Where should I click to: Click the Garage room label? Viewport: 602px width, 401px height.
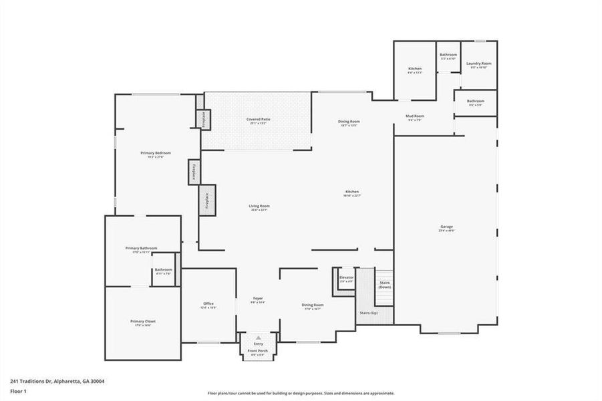point(446,227)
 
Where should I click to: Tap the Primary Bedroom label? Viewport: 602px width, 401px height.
point(152,153)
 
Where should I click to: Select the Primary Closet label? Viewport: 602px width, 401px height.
point(142,321)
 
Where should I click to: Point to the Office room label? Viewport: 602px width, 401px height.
point(208,304)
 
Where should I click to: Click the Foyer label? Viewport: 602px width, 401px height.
point(258,298)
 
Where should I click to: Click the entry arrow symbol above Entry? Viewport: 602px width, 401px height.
point(258,338)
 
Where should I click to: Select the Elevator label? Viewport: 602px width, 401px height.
point(346,277)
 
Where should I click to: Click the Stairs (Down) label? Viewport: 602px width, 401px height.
point(385,284)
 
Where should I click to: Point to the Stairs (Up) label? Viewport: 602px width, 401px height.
point(369,313)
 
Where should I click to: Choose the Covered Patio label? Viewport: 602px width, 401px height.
point(258,120)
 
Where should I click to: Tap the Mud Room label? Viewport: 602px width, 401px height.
point(415,116)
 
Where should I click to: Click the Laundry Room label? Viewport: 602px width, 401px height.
point(478,64)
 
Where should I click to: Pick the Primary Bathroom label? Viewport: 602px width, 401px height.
point(141,248)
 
